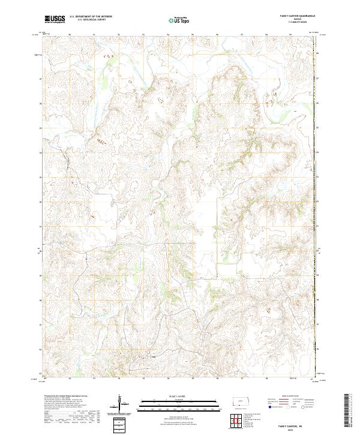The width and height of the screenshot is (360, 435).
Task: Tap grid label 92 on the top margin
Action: tap(119, 35)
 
